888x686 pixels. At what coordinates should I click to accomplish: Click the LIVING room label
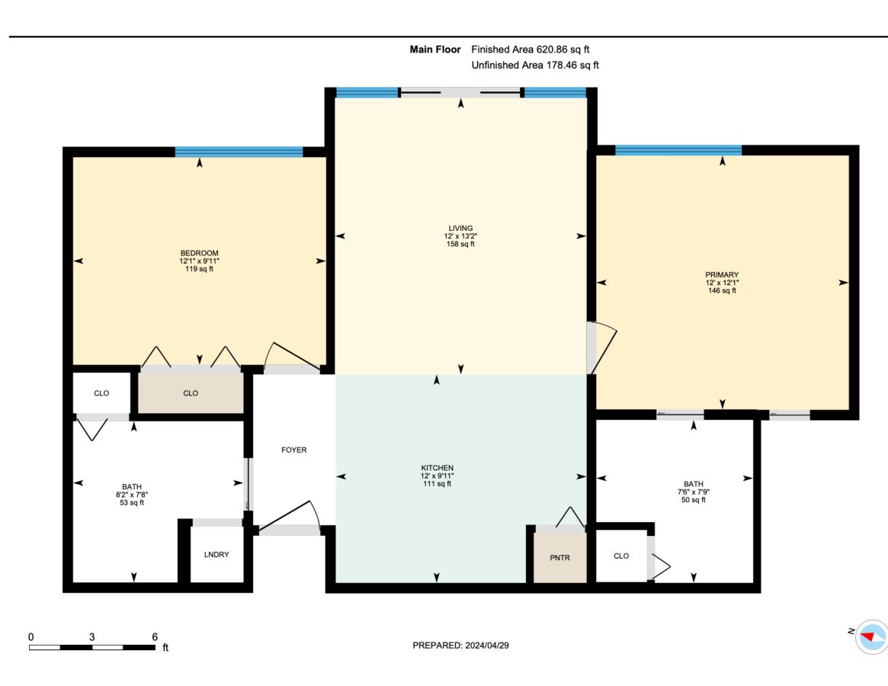[460, 229]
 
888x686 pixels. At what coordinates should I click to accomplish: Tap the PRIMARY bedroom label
[722, 274]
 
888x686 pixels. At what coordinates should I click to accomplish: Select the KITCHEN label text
[438, 468]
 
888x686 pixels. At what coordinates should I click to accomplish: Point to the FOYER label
[294, 450]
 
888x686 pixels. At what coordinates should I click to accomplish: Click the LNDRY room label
[216, 555]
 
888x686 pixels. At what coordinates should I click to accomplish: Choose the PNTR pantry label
[560, 558]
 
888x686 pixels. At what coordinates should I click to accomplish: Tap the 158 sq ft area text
[460, 244]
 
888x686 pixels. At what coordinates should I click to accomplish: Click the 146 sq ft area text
[722, 290]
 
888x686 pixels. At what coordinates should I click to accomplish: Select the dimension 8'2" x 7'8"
[132, 495]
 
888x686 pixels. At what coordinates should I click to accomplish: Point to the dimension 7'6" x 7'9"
[694, 492]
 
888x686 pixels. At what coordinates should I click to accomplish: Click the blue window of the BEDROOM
[239, 152]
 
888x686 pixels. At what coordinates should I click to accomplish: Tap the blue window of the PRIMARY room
[678, 150]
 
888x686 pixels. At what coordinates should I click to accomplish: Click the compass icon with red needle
[871, 636]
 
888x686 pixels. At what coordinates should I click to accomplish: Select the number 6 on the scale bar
[155, 637]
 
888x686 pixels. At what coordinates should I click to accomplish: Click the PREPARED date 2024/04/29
[487, 645]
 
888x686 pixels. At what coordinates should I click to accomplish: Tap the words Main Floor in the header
[435, 50]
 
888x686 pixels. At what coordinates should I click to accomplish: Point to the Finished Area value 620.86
[552, 50]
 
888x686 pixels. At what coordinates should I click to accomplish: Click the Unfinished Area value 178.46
[561, 65]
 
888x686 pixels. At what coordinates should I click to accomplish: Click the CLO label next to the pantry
[621, 556]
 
